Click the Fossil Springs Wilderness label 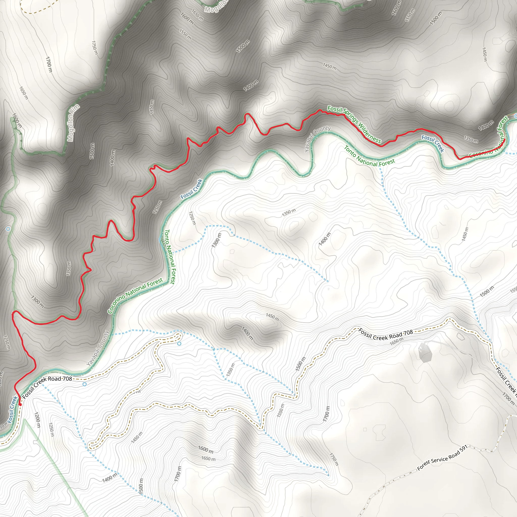(354, 124)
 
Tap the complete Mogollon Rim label (73, 123)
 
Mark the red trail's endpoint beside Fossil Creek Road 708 (20, 404)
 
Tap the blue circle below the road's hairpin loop (179, 344)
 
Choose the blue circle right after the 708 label (85, 384)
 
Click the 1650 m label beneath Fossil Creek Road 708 (396, 341)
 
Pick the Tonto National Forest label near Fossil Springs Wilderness (369, 156)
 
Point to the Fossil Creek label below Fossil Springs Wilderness (433, 143)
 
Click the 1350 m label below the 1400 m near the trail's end (471, 139)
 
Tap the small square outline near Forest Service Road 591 (365, 429)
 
